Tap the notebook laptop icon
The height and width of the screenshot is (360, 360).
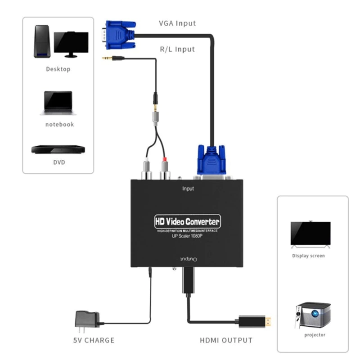click(x=58, y=103)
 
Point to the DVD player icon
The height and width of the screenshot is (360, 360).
click(x=58, y=149)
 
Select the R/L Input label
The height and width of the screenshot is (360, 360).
click(x=177, y=49)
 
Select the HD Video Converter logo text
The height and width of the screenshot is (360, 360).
click(x=187, y=221)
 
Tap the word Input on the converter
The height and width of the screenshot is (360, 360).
click(x=188, y=189)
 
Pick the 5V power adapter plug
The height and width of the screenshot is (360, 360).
click(x=86, y=320)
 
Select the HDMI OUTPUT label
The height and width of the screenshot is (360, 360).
click(x=226, y=340)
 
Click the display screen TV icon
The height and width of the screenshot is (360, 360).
click(x=310, y=234)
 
